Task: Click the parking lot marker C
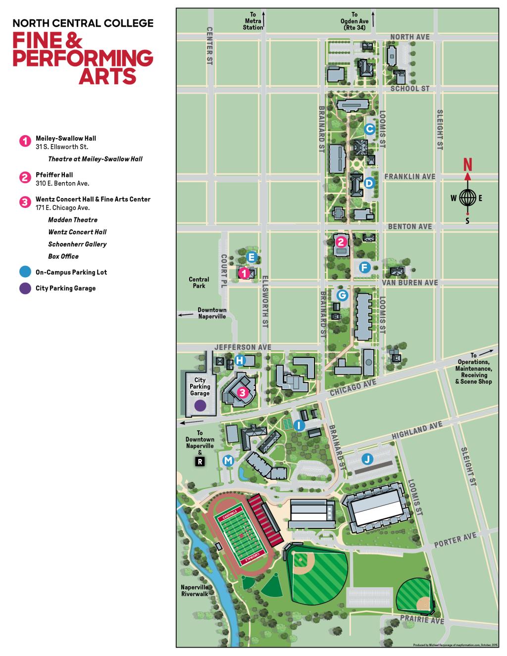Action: [x=369, y=129]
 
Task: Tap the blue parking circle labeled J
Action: [x=367, y=458]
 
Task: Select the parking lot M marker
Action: [x=228, y=460]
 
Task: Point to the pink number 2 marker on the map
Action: [x=341, y=242]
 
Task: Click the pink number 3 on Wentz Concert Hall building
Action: [x=242, y=393]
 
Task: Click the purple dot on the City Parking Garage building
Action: [x=200, y=405]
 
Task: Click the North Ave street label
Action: [x=409, y=37]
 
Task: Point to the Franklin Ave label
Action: [x=409, y=176]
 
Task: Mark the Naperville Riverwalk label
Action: [x=195, y=590]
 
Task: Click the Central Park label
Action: [x=199, y=282]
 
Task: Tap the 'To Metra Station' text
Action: [x=253, y=21]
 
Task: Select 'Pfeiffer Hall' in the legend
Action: [x=54, y=175]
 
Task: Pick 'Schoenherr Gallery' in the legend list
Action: [x=77, y=244]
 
